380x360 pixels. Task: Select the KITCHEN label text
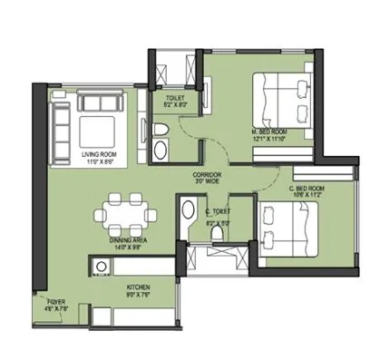click(x=138, y=286)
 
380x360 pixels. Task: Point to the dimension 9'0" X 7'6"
click(x=138, y=293)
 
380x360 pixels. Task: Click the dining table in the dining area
click(x=123, y=214)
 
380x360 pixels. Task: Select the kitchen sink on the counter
click(x=101, y=266)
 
